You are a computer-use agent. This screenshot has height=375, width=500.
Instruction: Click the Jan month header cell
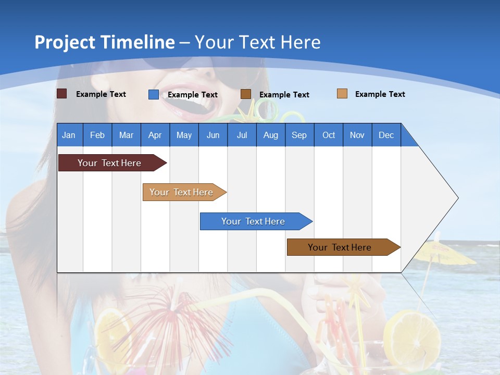pos(69,135)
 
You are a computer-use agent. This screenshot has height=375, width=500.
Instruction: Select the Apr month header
pos(155,135)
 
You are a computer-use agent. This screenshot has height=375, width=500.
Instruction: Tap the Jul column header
pos(242,135)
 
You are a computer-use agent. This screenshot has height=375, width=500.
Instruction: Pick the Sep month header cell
pos(299,135)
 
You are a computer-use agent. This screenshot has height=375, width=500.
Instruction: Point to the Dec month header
pos(386,135)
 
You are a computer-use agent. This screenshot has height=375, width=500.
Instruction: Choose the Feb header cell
pos(97,135)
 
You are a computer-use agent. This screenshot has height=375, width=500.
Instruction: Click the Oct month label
pos(329,135)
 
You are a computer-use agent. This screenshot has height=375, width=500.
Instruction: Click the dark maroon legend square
pos(62,94)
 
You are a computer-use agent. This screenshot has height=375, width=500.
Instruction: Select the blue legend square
pos(154,94)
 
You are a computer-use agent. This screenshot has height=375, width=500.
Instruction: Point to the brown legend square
pos(246,94)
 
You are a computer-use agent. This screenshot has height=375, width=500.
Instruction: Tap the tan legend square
pos(342,94)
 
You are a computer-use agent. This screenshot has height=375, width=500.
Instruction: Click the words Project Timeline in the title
pos(105,42)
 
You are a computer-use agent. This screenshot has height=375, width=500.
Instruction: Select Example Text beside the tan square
pos(380,94)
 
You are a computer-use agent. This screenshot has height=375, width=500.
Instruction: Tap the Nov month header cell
pos(357,135)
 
